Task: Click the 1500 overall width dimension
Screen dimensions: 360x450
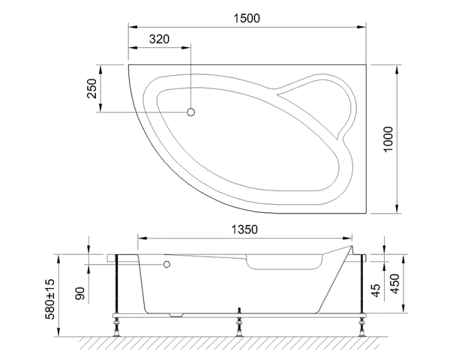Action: (x=246, y=18)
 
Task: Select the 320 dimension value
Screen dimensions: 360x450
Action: (x=159, y=39)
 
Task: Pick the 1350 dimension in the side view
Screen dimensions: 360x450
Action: (x=244, y=229)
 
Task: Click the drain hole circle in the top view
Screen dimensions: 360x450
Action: (x=192, y=112)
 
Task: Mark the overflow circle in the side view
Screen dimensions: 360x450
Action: (x=167, y=264)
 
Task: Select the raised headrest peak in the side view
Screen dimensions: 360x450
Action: (x=349, y=245)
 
